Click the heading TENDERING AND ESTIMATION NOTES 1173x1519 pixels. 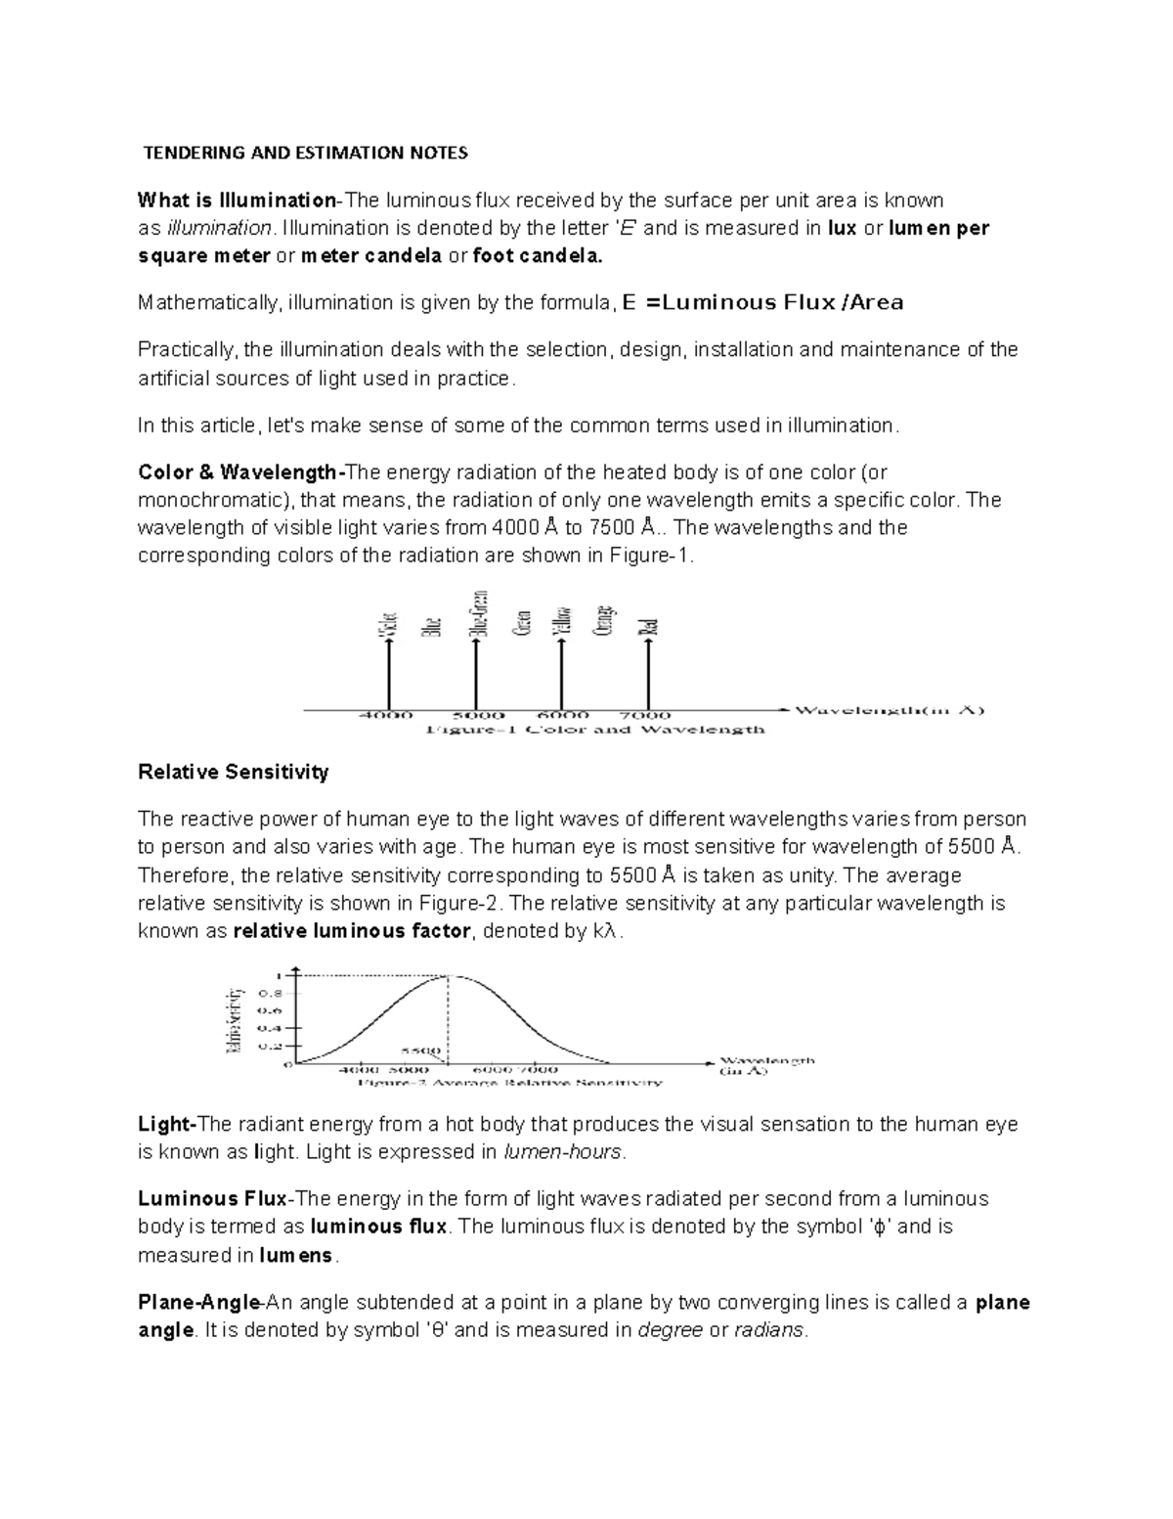click(306, 153)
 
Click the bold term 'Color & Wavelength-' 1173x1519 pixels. click(242, 473)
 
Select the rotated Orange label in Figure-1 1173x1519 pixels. click(604, 621)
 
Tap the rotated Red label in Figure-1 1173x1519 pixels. click(648, 627)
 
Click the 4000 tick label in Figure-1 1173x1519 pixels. click(387, 715)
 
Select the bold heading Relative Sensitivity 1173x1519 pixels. click(234, 773)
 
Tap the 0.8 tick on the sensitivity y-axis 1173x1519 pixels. click(269, 993)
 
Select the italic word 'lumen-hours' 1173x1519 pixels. click(562, 1152)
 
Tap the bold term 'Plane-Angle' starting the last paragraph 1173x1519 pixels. click(199, 1303)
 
